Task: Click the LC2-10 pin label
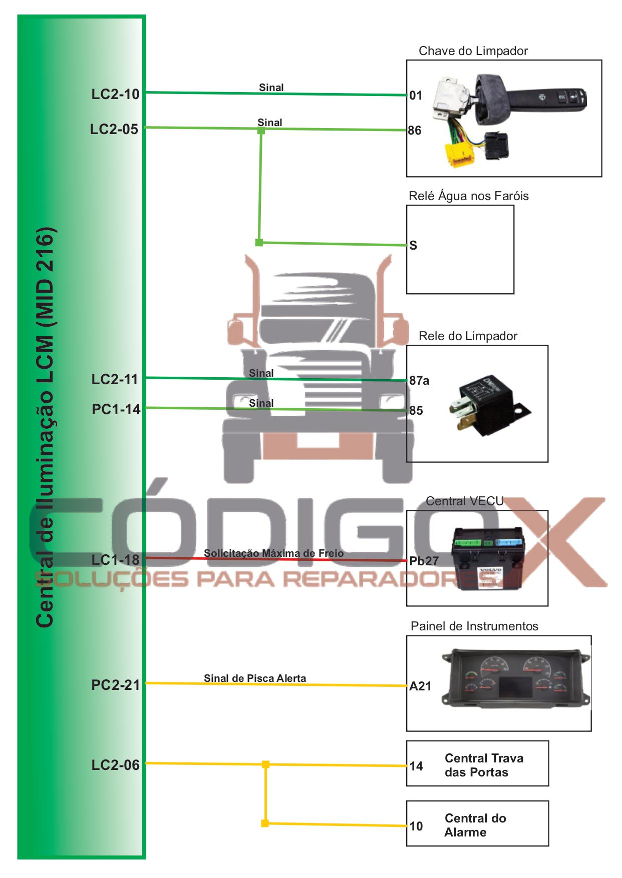115,94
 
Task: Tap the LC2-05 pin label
114,129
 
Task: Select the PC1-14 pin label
116,409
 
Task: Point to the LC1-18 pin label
115,560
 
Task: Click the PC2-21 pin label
115,685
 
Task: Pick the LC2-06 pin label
115,765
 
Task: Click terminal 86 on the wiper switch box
415,131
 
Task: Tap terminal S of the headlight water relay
413,246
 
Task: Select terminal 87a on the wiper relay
419,381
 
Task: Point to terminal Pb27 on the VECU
424,561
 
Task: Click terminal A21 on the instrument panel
420,686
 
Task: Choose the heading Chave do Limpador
473,51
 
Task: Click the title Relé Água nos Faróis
468,196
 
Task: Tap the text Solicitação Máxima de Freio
273,553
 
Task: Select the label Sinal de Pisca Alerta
254,678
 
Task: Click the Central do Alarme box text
475,825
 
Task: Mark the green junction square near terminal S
259,243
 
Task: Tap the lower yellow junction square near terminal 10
265,823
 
